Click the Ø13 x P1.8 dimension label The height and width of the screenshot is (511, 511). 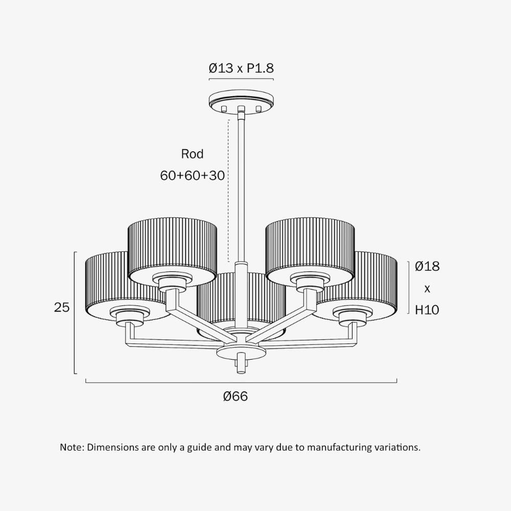241,68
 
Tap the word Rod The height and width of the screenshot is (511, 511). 192,154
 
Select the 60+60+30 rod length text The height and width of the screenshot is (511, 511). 192,176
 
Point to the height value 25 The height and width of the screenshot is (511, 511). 62,307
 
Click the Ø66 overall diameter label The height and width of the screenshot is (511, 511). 235,397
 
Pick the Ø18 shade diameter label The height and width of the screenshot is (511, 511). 427,266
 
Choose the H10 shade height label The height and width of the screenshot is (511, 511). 427,310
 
